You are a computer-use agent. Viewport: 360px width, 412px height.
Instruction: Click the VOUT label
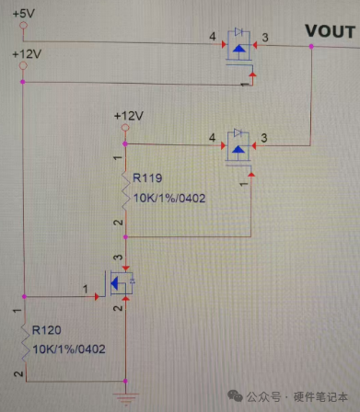pos(331,31)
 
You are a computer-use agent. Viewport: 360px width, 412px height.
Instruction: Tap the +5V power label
pos(24,14)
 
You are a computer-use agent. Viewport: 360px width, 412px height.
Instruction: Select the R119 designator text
pos(147,178)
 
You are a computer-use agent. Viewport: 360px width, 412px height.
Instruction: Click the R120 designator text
pos(47,330)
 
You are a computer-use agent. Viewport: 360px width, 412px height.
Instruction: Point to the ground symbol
pos(125,398)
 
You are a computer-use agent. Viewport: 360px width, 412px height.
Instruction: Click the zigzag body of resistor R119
pos(125,190)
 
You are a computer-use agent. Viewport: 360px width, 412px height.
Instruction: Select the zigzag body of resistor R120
pos(25,343)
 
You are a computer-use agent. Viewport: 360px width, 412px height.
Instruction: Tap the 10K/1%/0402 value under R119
pos(169,198)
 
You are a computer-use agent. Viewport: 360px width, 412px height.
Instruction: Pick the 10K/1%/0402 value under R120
pos(69,349)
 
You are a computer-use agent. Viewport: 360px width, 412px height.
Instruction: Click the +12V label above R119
pos(129,116)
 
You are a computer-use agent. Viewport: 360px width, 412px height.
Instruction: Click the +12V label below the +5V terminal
pos(27,54)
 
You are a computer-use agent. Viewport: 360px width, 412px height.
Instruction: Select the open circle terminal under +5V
pos(23,25)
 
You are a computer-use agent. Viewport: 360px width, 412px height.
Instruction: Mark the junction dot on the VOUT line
pos(311,47)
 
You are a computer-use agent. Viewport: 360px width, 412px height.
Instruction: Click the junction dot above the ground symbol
pos(125,381)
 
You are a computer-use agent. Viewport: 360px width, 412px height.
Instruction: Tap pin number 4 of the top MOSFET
pos(213,37)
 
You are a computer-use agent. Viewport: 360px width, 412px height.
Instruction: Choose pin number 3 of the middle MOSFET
pos(264,138)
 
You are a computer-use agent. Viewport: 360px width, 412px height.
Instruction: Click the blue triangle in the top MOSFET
pos(238,49)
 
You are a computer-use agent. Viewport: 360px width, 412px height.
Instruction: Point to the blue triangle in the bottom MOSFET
pos(114,283)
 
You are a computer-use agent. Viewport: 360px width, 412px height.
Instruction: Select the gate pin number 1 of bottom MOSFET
pos(85,289)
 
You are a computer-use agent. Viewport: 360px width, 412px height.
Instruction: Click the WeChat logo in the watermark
pos(235,396)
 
